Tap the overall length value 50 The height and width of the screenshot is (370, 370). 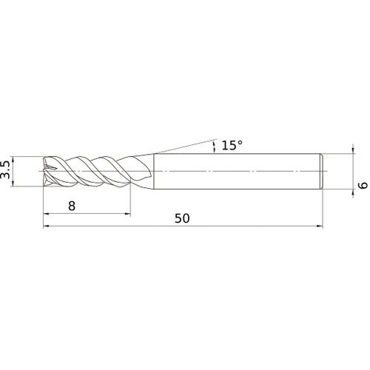pos(183,218)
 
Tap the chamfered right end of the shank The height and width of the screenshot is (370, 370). pos(321,171)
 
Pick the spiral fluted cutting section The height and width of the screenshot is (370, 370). pos(89,171)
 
